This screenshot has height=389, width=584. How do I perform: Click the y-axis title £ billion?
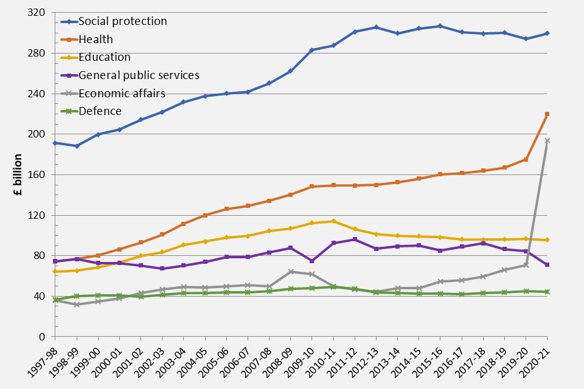click(x=18, y=174)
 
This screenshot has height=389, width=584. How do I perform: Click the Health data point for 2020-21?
click(x=547, y=114)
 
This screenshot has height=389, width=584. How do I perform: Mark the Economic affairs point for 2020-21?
click(x=547, y=140)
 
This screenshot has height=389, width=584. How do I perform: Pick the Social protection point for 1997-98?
click(x=55, y=143)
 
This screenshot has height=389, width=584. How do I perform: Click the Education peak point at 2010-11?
click(x=333, y=221)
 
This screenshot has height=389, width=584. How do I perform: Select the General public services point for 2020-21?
click(x=547, y=265)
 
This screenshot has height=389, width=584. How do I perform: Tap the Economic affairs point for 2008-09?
click(x=291, y=272)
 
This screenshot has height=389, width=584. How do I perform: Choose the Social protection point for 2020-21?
click(x=547, y=33)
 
